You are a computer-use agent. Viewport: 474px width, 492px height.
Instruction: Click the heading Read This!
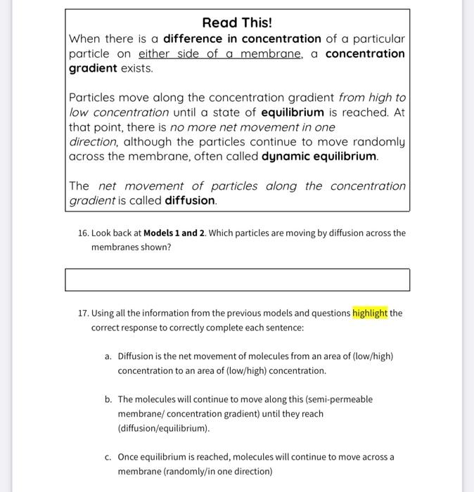point(237,22)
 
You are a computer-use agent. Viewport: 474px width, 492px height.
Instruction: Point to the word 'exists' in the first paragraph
point(137,69)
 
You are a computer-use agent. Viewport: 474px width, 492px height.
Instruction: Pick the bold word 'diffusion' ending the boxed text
point(190,201)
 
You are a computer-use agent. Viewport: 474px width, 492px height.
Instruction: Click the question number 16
point(83,233)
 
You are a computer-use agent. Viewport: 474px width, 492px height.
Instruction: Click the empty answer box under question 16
point(237,280)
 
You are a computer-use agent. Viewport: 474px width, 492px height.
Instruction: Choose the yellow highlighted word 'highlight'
point(370,313)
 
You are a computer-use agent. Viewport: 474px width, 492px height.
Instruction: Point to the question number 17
point(83,313)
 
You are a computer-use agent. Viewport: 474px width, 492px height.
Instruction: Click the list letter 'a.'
point(108,356)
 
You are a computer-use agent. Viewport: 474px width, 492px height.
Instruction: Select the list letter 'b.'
point(108,399)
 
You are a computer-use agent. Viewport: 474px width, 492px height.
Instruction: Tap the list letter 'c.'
point(108,457)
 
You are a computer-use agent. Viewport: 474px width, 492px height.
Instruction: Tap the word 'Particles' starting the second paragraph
point(94,98)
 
